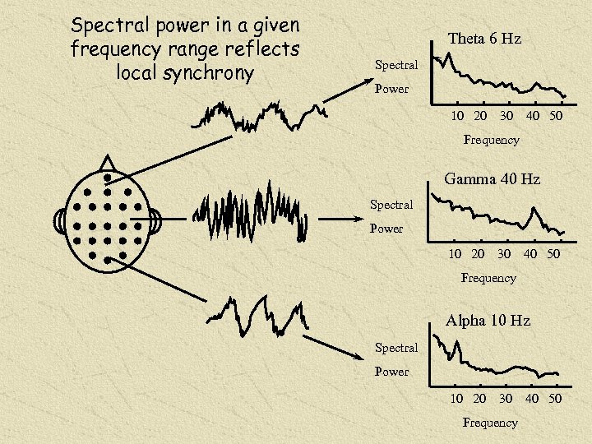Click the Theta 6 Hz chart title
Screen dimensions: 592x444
[484, 39]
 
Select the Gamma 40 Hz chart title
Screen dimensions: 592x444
[492, 178]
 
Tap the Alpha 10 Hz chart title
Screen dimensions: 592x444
[488, 321]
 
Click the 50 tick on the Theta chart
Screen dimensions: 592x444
[556, 116]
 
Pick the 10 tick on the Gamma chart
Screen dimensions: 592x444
[455, 254]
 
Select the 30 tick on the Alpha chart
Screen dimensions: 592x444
[506, 398]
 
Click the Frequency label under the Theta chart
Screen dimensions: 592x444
[491, 140]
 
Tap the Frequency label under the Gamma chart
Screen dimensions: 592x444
[488, 278]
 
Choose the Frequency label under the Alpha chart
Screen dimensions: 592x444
[490, 423]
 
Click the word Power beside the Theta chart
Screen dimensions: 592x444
[391, 89]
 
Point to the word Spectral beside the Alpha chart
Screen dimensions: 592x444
[396, 348]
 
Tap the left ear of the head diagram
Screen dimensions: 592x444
[59, 221]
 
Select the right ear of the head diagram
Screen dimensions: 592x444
[155, 221]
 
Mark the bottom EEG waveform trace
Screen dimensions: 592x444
[255, 317]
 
